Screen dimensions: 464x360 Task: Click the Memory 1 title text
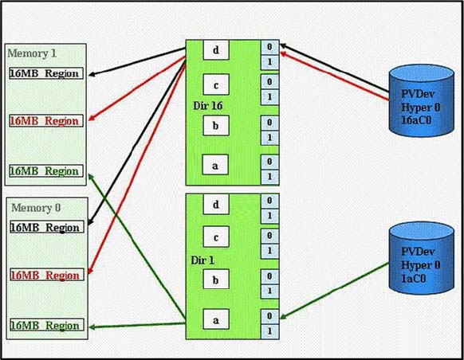click(32, 53)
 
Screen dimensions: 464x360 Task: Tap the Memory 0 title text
click(36, 208)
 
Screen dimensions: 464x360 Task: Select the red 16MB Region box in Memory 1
click(46, 121)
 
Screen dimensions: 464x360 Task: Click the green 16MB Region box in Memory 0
click(47, 325)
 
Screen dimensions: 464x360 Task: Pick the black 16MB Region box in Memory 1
click(46, 73)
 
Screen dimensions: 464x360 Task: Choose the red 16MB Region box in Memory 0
click(47, 275)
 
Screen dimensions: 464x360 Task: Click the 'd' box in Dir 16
click(216, 50)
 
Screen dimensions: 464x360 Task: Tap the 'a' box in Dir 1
click(216, 319)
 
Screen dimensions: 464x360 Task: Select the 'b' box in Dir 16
click(216, 126)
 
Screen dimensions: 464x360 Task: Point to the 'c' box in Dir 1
click(216, 237)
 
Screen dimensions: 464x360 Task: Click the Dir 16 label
click(208, 106)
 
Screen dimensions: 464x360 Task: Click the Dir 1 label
click(203, 260)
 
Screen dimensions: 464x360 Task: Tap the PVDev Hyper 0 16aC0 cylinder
click(422, 100)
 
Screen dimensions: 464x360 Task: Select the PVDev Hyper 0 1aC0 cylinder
click(422, 258)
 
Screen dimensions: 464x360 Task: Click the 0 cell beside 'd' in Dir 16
click(269, 47)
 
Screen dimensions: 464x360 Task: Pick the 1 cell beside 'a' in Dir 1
click(269, 331)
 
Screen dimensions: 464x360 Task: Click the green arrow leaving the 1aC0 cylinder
click(334, 291)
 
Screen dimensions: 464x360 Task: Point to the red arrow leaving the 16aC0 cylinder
click(334, 76)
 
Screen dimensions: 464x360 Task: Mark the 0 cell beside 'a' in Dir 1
click(269, 316)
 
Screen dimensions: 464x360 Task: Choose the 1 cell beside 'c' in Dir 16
click(269, 97)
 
